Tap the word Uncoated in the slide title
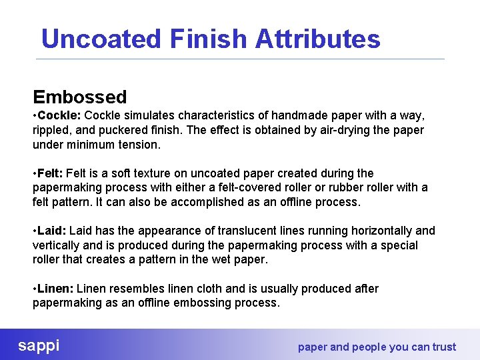click(101, 39)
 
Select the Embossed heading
click(80, 97)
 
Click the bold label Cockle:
click(60, 116)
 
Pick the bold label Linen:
click(56, 289)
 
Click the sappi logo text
click(39, 345)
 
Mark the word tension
click(139, 145)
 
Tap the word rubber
click(341, 187)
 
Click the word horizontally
click(377, 231)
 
